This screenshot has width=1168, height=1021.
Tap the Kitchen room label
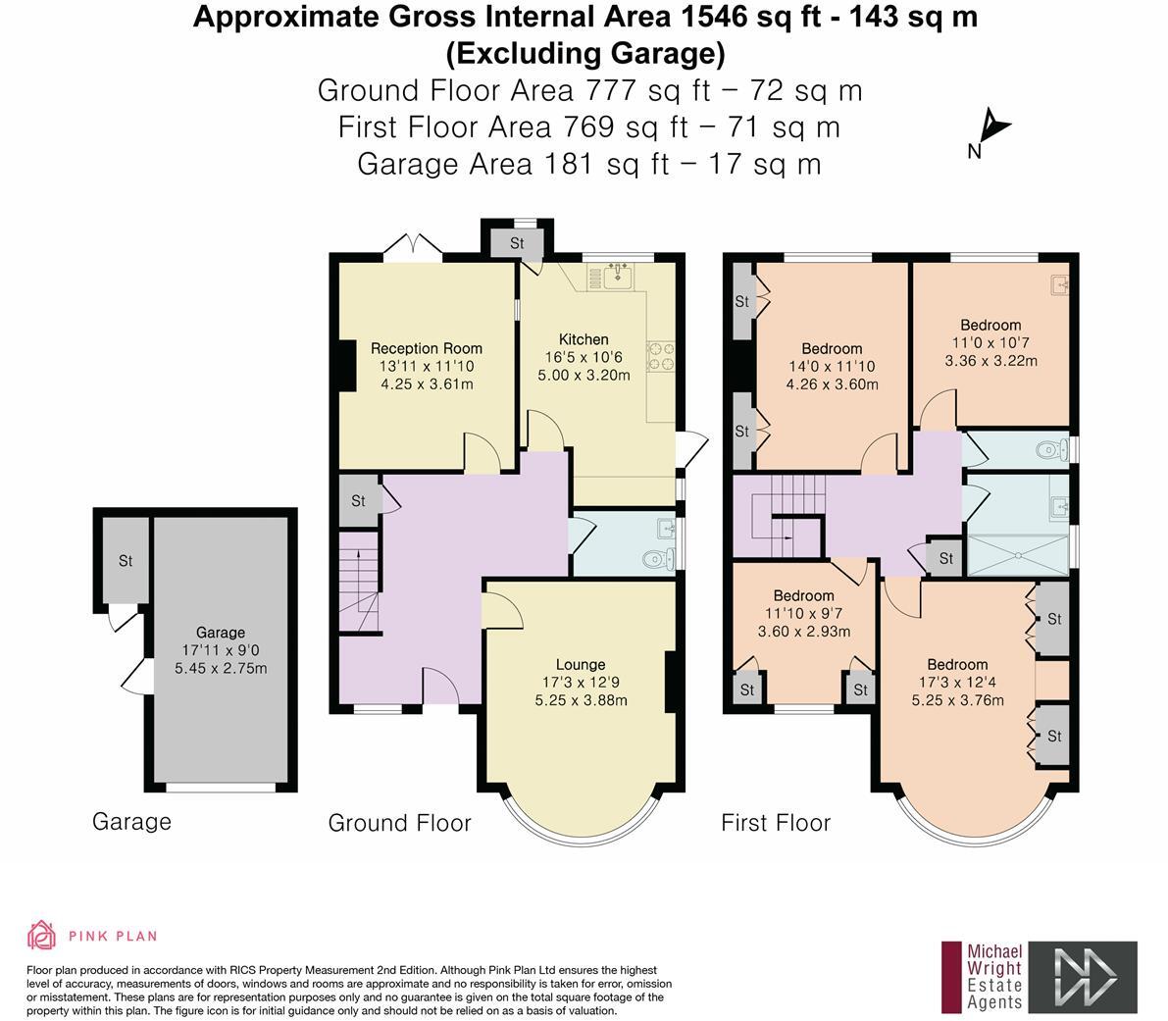[x=584, y=339]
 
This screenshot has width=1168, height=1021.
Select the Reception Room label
[x=427, y=348]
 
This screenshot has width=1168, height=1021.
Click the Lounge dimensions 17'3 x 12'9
[x=581, y=683]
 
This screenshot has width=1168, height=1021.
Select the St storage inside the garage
[x=126, y=561]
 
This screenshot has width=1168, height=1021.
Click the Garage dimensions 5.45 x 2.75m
[x=221, y=668]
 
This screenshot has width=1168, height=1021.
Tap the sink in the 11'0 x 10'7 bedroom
[x=1058, y=285]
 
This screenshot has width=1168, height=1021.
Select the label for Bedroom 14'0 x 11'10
[x=832, y=348]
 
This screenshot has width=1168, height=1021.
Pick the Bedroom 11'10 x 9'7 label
[x=803, y=595]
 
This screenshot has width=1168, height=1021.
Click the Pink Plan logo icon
[x=41, y=936]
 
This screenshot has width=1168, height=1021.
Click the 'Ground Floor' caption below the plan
[x=399, y=823]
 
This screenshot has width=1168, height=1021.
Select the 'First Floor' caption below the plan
[x=776, y=823]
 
